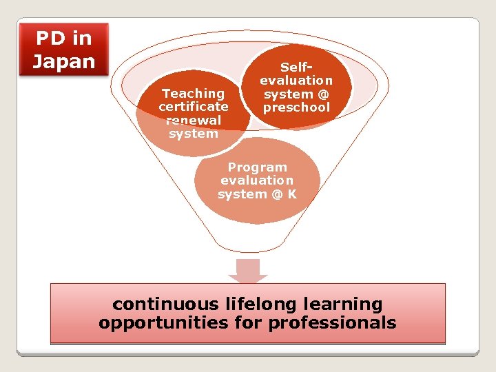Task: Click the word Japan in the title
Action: point(63,61)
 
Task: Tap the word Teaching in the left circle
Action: point(193,93)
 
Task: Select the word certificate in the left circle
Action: point(193,107)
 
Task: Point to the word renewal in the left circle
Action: point(193,120)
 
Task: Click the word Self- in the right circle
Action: point(296,68)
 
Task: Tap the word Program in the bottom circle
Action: point(257,167)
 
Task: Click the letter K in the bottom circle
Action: point(292,194)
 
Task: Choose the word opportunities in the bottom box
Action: point(161,322)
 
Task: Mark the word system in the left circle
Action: point(193,134)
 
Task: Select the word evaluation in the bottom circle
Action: point(257,180)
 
